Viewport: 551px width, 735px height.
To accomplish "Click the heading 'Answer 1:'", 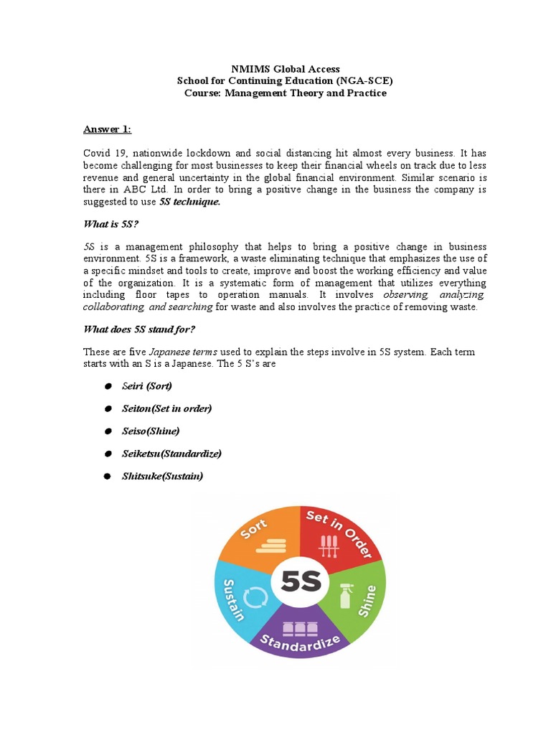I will coord(107,129).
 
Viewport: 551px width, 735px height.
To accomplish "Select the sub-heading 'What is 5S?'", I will coord(109,225).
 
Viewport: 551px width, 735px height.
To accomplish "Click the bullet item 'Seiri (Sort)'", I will coord(147,386).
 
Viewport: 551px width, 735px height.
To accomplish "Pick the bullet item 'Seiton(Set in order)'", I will coord(167,408).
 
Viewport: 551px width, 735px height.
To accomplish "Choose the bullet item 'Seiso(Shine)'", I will coord(151,431).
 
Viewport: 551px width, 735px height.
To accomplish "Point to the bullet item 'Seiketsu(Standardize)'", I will coord(171,454).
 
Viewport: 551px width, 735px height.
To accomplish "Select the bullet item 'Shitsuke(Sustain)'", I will coord(162,476).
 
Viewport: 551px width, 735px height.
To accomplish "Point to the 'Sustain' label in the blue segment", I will coord(234,599).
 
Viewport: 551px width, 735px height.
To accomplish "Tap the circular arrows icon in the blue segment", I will coord(256,595).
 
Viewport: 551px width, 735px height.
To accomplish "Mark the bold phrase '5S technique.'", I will coord(189,202).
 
